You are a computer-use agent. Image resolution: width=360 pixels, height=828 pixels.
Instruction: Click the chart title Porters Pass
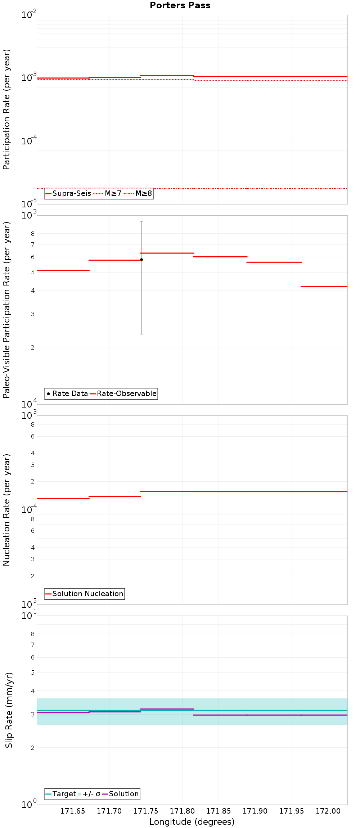point(180,5)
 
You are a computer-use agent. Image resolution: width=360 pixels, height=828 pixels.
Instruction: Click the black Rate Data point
point(141,260)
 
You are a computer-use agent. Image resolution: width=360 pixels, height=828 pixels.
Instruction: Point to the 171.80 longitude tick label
point(182,811)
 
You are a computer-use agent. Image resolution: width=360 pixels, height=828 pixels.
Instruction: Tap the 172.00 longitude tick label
point(328,811)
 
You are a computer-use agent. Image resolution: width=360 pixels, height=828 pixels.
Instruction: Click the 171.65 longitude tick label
point(73,811)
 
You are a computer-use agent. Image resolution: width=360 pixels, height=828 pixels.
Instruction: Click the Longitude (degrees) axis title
point(192,822)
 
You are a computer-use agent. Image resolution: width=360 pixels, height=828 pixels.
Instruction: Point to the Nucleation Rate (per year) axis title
point(6,510)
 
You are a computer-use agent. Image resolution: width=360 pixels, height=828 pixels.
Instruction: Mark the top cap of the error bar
point(141,221)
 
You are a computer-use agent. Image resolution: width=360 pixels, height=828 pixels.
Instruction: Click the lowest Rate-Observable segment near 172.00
point(324,287)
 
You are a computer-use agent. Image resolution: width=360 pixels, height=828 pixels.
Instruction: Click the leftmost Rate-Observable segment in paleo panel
point(63,270)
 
